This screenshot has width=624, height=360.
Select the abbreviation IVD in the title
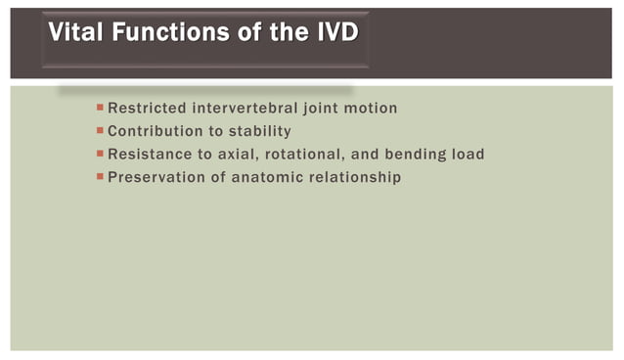click(334, 34)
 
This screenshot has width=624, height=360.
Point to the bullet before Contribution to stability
click(100, 130)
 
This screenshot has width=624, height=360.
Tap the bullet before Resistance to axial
click(100, 154)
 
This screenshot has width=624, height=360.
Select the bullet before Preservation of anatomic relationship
click(100, 177)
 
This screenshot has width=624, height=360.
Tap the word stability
click(260, 131)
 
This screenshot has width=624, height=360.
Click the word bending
click(418, 155)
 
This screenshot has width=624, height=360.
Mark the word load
click(468, 155)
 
